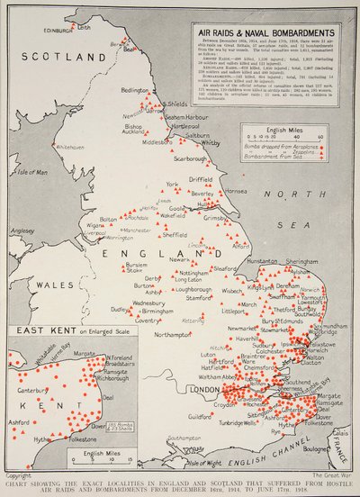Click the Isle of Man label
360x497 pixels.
[31, 172]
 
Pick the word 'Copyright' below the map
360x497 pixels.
[19, 474]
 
